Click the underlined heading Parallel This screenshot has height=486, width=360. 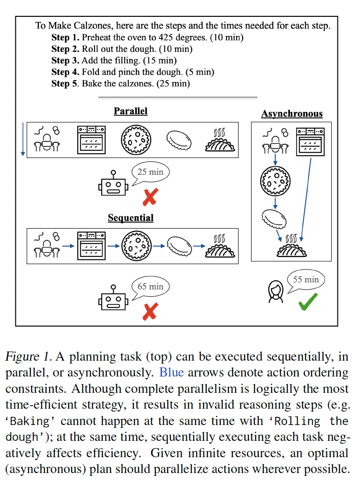click(131, 111)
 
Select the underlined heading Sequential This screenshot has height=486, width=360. click(131, 218)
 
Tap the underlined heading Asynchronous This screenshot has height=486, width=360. click(292, 114)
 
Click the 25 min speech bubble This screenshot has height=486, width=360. click(151, 172)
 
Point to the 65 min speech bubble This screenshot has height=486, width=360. click(151, 287)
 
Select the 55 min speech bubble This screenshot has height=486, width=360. click(306, 279)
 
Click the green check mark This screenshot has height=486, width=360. click(308, 302)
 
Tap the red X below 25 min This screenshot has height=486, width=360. click(150, 197)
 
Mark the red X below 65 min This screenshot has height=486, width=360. click(150, 312)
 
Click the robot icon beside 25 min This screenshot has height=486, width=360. click(113, 183)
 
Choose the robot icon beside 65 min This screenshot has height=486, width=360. click(113, 298)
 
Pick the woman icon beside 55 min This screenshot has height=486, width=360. click(276, 292)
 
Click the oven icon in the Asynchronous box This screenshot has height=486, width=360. click(310, 142)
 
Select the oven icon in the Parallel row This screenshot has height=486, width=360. click(91, 140)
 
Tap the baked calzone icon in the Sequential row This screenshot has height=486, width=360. click(220, 246)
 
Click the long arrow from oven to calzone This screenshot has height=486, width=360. click(306, 199)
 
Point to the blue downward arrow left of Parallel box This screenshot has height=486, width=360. click(23, 139)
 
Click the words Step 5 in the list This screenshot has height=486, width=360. click(65, 84)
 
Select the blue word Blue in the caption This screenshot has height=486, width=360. click(172, 372)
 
